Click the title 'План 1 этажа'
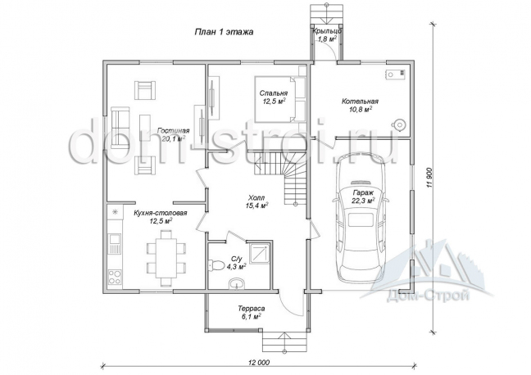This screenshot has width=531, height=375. [x=224, y=32]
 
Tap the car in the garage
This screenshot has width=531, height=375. [x=361, y=218]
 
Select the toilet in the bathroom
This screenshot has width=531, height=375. [x=216, y=265]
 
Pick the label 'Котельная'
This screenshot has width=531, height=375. [x=360, y=102]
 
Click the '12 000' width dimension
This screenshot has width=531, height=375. [x=259, y=363]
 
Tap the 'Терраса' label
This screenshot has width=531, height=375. [x=252, y=309]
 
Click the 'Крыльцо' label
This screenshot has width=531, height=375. [x=326, y=31]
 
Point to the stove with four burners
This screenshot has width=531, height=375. [x=115, y=277]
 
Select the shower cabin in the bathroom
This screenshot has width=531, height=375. [x=259, y=254]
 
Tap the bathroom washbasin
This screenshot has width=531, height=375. [x=237, y=282]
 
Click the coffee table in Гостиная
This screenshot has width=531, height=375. [x=145, y=127]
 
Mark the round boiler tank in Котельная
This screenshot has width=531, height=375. [x=399, y=124]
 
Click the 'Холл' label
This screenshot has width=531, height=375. [x=256, y=197]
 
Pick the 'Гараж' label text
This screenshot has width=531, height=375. [x=363, y=192]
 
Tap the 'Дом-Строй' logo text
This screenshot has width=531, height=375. [x=427, y=296]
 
